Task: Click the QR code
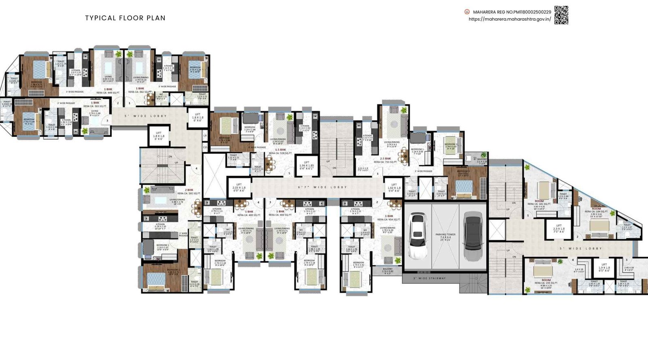coord(561,15)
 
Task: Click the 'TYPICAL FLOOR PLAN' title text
coord(125,18)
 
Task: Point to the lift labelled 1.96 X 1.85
coord(307,166)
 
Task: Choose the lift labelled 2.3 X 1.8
coord(558,229)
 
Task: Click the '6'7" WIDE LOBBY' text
coord(322,187)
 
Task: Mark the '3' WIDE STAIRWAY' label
coord(429,278)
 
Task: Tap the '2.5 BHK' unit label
coord(385,159)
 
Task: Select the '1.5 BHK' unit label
coord(280,150)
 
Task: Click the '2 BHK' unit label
coord(189,190)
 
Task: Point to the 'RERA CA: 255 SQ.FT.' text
coord(546,283)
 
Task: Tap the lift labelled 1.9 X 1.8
coord(604,268)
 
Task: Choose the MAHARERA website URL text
coord(509,19)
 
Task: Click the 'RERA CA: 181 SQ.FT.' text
coord(539,204)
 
